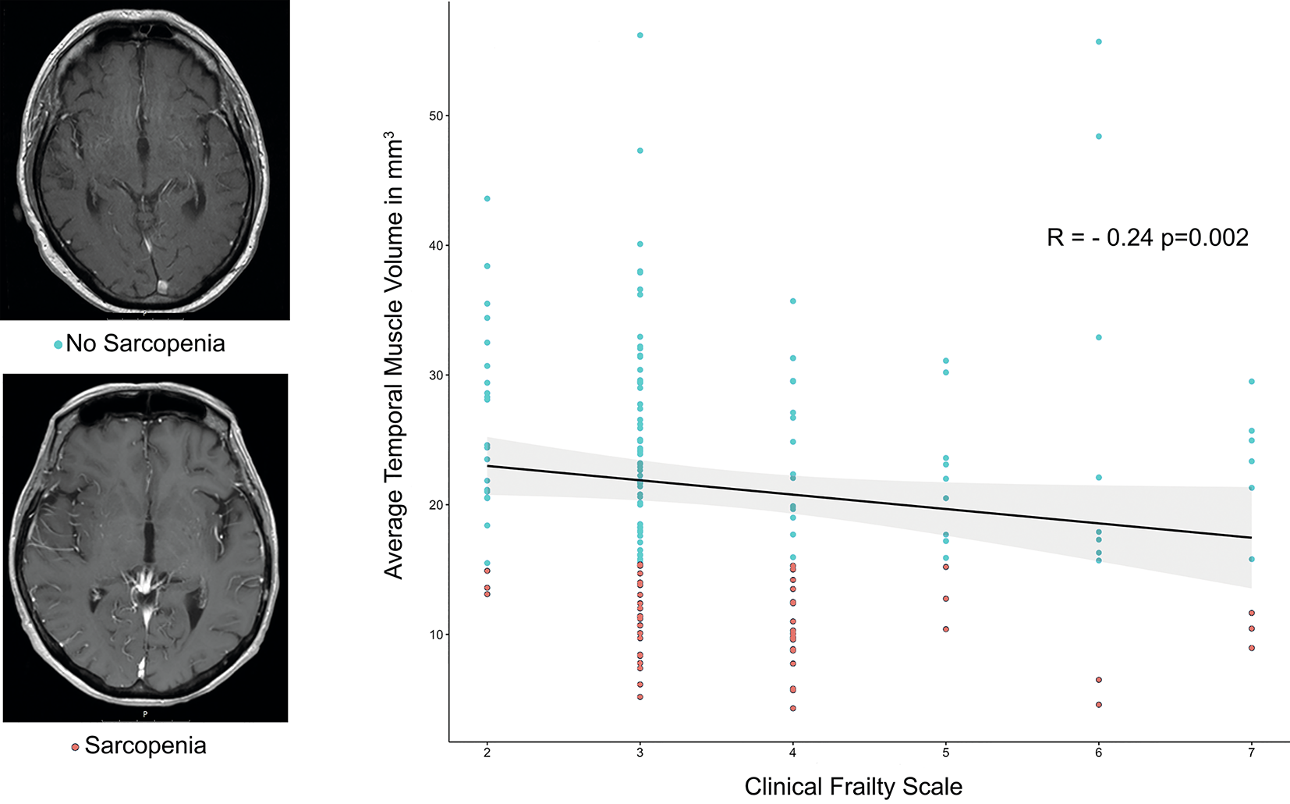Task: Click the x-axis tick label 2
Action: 487,753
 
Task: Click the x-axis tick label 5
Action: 946,753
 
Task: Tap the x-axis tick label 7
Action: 1252,753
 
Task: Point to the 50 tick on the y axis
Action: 435,116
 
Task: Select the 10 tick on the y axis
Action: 435,635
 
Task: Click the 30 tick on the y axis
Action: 435,375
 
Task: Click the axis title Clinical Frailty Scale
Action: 853,786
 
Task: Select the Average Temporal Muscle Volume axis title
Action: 394,355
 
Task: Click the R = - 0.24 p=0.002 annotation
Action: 1147,237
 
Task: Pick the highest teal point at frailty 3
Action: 640,35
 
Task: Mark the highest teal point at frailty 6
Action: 1099,41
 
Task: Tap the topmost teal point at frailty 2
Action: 487,199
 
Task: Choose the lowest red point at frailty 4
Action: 793,709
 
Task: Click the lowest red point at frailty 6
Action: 1099,705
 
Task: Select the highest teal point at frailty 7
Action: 1252,382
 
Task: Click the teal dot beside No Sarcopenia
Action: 58,344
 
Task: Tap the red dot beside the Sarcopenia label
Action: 75,747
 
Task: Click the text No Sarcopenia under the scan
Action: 145,343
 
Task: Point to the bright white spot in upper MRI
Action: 162,286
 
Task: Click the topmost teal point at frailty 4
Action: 793,301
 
